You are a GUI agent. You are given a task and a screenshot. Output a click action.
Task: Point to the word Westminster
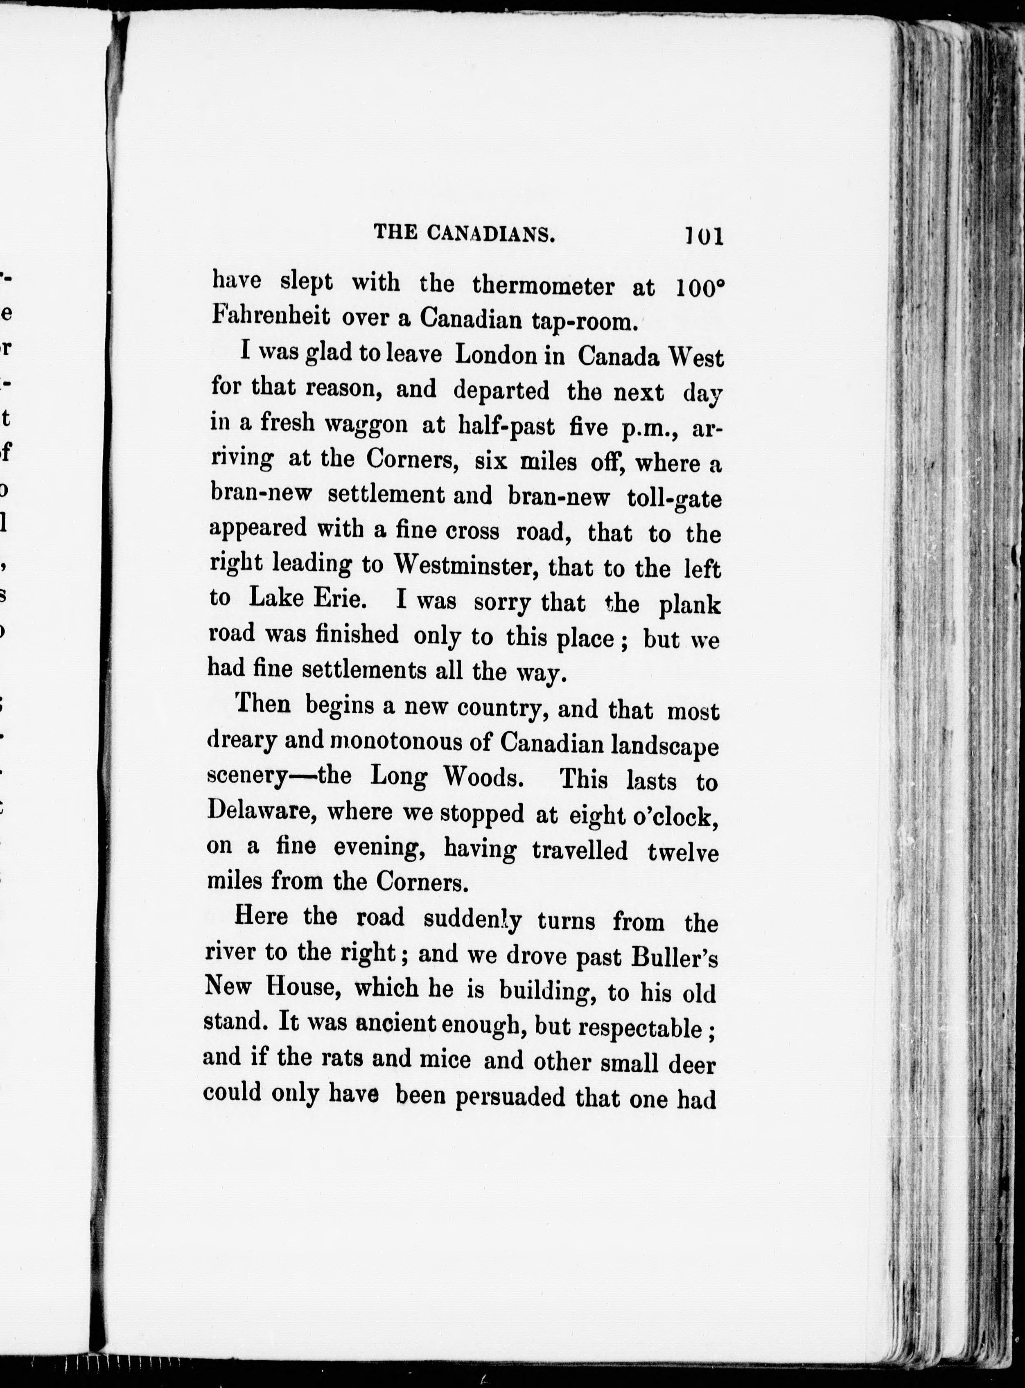coord(466,565)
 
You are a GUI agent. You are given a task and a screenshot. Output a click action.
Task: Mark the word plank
coord(689,605)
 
